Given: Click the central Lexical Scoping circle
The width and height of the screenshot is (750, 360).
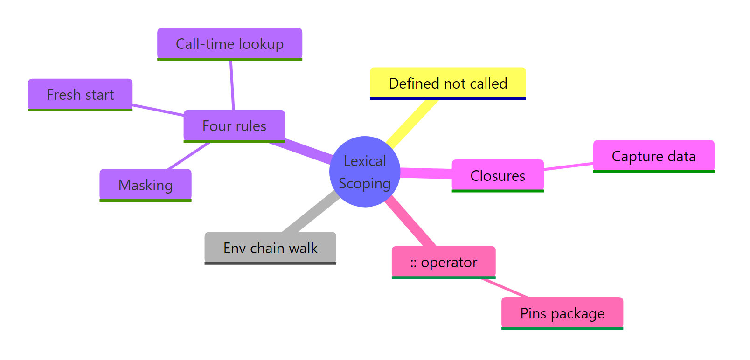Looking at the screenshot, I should (x=365, y=171).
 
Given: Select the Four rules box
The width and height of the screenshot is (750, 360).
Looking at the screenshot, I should (x=234, y=126).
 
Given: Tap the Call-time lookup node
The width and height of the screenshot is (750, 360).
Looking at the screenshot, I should (x=229, y=44).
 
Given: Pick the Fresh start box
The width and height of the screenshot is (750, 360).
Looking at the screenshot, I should (x=80, y=95).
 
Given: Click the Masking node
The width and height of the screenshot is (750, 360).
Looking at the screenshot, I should (x=146, y=185).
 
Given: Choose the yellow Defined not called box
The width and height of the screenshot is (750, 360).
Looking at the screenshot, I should (x=448, y=83).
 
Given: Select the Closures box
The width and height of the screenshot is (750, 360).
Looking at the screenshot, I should (x=498, y=175).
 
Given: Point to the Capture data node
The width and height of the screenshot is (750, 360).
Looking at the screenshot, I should (x=653, y=156).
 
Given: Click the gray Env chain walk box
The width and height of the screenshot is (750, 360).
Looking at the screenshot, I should (x=270, y=248).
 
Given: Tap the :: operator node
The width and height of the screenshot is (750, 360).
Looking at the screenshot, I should (x=444, y=262).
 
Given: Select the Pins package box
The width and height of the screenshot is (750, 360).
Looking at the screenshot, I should (x=562, y=313).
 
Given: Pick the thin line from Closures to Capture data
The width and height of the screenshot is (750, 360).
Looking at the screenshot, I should (x=568, y=166).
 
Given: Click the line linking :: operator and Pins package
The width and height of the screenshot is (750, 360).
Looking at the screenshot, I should (x=505, y=288).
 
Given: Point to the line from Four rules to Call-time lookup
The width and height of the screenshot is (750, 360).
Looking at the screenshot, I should (x=232, y=85).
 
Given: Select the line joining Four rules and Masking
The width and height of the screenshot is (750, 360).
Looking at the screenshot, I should (x=189, y=156).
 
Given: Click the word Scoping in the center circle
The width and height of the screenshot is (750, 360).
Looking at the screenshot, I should (x=365, y=184).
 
